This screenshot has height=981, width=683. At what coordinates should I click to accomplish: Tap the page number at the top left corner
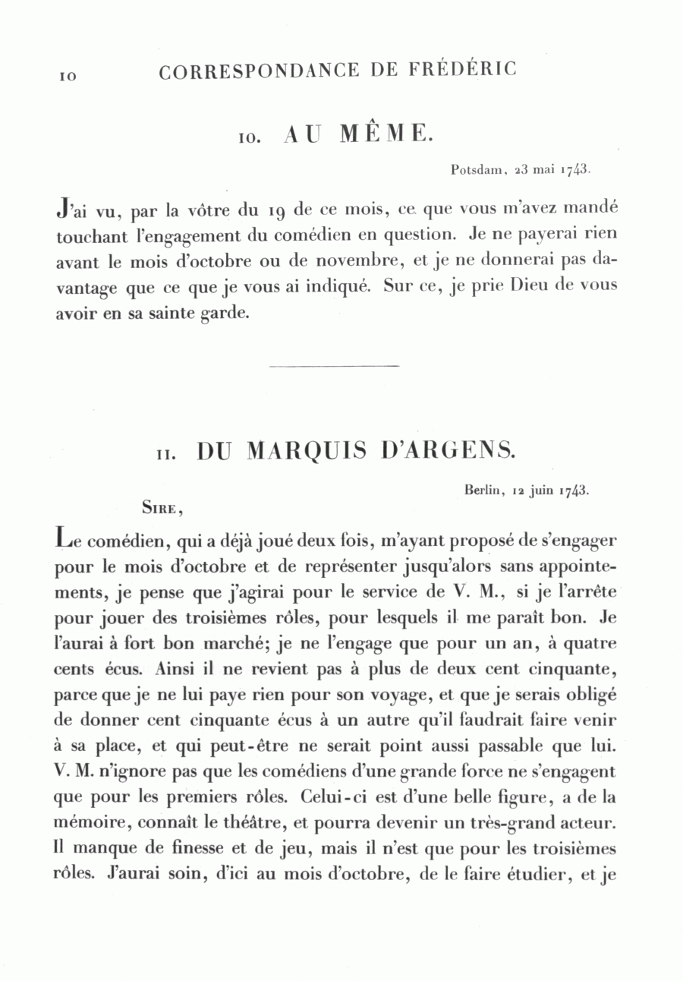coord(65,76)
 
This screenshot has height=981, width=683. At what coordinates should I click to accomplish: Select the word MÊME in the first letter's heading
coord(386,134)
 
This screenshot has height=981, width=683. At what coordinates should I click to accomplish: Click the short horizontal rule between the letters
coord(334,367)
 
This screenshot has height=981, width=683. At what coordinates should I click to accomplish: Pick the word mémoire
coord(87,823)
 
